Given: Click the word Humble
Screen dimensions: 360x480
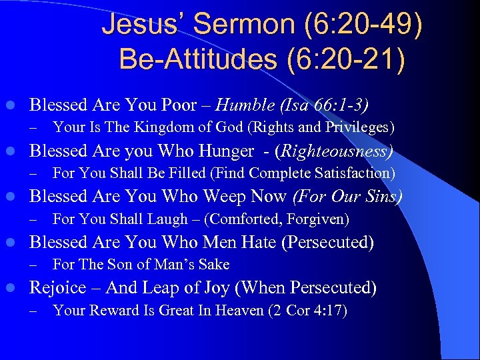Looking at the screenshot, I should click(243, 105).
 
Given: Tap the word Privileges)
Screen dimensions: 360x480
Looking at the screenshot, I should click(360, 127).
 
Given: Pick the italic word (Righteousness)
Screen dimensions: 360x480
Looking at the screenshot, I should click(337, 151).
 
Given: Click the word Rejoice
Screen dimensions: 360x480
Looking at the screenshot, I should click(58, 288).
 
